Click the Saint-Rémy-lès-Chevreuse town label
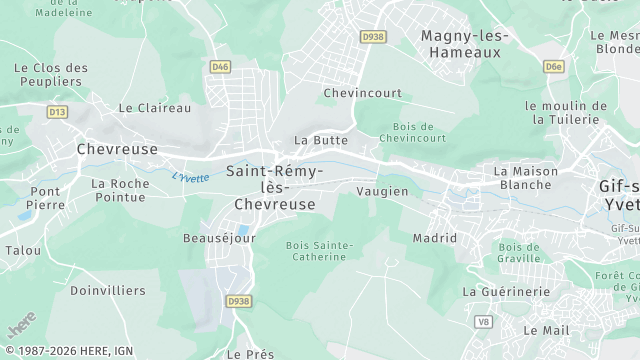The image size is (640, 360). pos(274,187)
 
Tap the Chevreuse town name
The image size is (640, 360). pos(117,148)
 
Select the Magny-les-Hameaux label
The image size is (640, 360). pos(465,44)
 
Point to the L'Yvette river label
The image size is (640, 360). pos(191,177)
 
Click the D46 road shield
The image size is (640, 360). pos(221,66)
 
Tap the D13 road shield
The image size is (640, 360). pos(57,112)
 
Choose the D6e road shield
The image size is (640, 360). pos(554,66)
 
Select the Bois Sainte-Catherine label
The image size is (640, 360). pos(320,251)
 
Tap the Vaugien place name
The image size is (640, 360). pos(382,190)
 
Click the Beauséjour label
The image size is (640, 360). pos(219,238)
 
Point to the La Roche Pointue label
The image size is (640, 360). pos(120,190)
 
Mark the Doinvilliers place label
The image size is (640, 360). pos(107,290)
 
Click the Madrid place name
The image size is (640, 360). pos(434,238)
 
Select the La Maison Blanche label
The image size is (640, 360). pos(525,178)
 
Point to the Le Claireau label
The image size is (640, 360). pos(154,107)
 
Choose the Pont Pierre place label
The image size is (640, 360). pos(46,197)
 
